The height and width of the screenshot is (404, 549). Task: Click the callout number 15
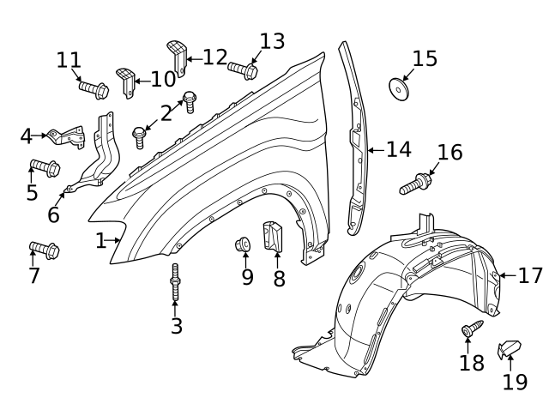[x=424, y=58]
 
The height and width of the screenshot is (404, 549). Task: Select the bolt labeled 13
[x=243, y=69]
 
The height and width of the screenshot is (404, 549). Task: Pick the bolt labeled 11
[x=93, y=87]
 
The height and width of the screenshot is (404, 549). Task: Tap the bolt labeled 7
[x=44, y=250]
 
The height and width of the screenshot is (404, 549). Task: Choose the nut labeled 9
[x=243, y=246]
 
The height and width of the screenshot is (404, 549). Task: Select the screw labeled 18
[x=472, y=331]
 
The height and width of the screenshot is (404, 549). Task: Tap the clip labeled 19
[x=510, y=349]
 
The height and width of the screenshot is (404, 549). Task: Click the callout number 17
[x=531, y=275]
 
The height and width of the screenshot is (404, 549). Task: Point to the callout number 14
[x=398, y=149]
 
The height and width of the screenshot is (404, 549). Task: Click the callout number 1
[x=100, y=241]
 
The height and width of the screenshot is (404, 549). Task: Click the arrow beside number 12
[x=193, y=58]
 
